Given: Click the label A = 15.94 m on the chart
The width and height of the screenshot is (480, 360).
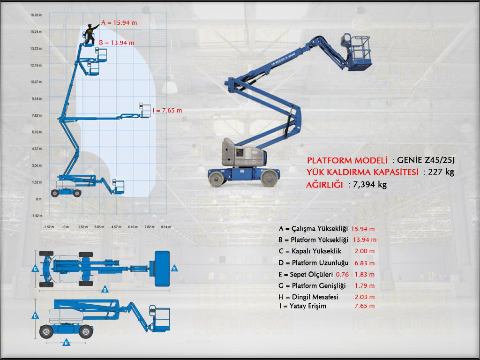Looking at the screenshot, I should click(x=119, y=22).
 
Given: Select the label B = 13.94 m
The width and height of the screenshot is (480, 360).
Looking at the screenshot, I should click(x=117, y=43).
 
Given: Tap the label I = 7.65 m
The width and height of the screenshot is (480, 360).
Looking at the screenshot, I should click(x=167, y=110).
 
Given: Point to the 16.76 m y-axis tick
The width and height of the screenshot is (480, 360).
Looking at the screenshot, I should click(x=36, y=15).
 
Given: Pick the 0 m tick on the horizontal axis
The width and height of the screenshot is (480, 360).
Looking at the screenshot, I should click(x=66, y=227).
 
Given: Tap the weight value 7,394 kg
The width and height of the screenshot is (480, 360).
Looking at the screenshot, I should click(x=367, y=184).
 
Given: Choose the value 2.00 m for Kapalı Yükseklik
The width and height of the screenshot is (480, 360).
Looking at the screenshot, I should click(x=365, y=251).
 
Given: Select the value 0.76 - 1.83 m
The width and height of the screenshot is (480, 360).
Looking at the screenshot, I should click(x=355, y=274).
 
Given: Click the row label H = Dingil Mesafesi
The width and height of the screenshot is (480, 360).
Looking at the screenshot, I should click(x=308, y=297).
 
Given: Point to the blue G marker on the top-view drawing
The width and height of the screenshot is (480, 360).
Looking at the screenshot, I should click(x=35, y=269).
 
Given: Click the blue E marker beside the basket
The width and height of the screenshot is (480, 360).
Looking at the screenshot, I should click(x=174, y=268).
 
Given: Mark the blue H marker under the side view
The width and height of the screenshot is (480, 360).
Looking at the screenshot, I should click(x=66, y=343).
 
